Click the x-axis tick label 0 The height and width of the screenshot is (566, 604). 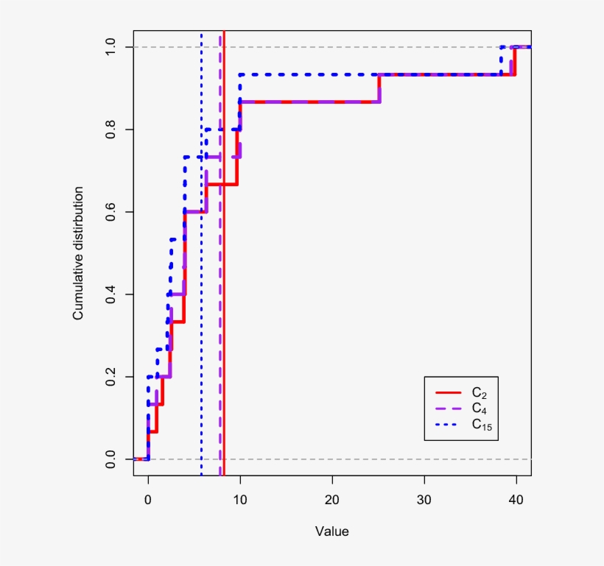pos(148,498)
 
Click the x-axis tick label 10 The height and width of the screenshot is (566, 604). pos(240,498)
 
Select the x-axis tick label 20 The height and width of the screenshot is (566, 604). pos(332,498)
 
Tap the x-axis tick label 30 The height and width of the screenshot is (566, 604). pos(424,498)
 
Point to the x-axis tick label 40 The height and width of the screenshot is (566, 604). pos(516,498)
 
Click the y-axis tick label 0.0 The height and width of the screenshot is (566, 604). pos(110,459)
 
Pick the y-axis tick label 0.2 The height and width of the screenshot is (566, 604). pos(110,377)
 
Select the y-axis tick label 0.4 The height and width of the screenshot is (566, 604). pos(110,294)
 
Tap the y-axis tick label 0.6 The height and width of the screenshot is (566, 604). pos(110,212)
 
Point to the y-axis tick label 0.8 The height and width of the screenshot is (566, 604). pos(110,130)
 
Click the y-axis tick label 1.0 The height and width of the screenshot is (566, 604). pos(110,47)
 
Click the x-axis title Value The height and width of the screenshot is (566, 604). pos(332,531)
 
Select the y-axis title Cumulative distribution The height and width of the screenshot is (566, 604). pos(77,253)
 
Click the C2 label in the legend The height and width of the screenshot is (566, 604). pos(479,393)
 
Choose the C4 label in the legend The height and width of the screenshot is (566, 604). pos(479,408)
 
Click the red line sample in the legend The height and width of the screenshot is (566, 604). pos(449,392)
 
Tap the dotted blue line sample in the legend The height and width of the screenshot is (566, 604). pos(449,424)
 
